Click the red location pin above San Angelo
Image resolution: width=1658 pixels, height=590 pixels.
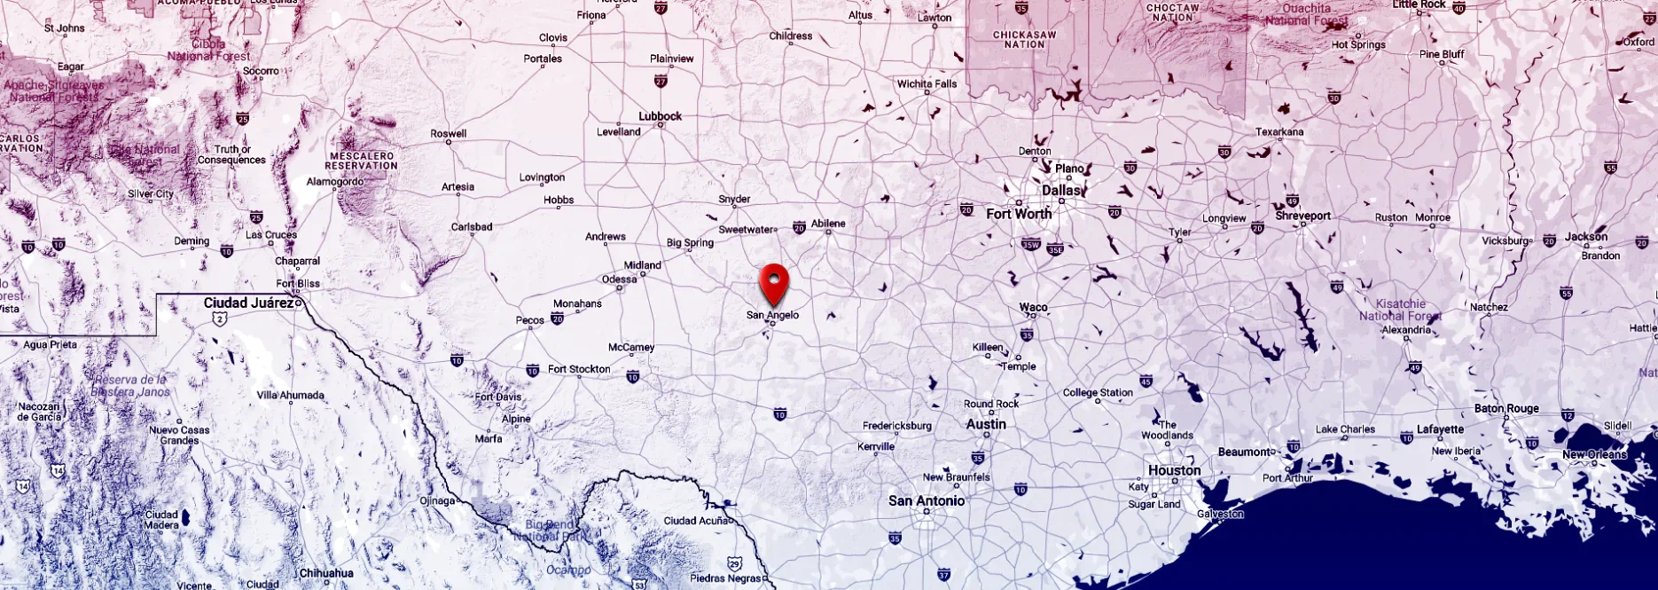click(774, 282)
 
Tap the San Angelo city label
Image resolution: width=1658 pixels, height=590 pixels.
click(772, 315)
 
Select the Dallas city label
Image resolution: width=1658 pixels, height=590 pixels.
click(1061, 191)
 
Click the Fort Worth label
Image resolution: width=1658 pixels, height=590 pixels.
click(1019, 214)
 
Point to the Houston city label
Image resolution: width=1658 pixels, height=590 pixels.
click(1174, 470)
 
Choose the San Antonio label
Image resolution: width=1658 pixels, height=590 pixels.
click(927, 500)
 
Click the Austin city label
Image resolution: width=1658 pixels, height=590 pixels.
click(986, 424)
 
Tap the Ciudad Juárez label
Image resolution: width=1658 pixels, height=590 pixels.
click(248, 303)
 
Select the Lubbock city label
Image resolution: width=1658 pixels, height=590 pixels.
click(660, 116)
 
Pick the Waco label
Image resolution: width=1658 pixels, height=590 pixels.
click(1033, 307)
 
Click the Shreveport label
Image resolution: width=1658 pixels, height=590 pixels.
click(1302, 216)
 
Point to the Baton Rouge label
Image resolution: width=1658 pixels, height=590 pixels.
click(1506, 408)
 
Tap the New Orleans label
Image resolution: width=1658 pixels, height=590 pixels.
click(1594, 454)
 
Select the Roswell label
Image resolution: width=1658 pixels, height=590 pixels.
click(448, 134)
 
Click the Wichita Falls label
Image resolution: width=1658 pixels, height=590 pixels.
click(927, 84)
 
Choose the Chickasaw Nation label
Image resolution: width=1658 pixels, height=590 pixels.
click(1024, 40)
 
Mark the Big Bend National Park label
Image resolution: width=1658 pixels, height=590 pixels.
click(549, 531)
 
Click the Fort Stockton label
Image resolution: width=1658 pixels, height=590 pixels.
click(579, 369)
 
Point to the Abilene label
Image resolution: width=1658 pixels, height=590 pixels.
click(828, 224)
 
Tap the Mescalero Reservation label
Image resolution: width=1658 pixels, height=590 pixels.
click(361, 161)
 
